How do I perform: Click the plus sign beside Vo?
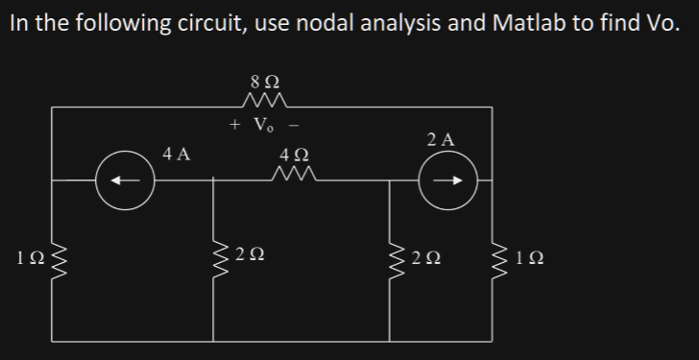(235, 125)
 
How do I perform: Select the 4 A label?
(176, 154)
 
